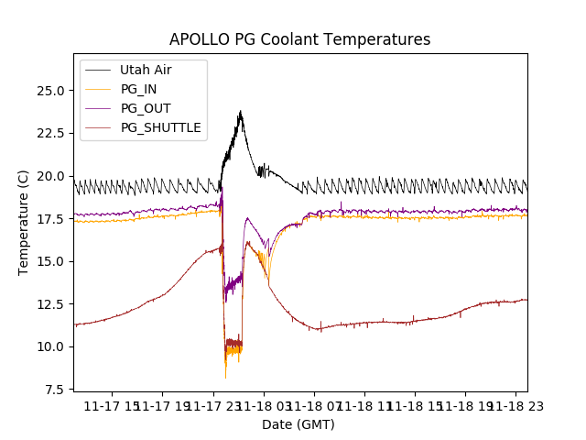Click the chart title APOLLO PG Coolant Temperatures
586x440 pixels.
click(299, 39)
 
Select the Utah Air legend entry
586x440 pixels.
click(145, 70)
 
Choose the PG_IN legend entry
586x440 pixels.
click(139, 89)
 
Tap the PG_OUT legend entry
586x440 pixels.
click(145, 108)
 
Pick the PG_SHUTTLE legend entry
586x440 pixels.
click(160, 127)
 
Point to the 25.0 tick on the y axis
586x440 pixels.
click(50, 91)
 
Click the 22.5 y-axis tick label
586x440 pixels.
click(50, 133)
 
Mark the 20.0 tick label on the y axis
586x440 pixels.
click(50, 176)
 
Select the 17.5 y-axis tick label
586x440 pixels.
click(50, 218)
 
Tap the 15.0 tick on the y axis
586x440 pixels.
click(50, 261)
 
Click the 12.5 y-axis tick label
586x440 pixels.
click(50, 303)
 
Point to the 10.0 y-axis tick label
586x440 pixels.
click(50, 346)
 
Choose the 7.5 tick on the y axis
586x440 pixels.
click(53, 389)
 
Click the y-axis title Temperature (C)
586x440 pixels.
click(24, 222)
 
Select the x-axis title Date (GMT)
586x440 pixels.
click(298, 424)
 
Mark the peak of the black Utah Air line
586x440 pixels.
click(241, 112)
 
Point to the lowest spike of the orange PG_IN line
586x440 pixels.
click(225, 378)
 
